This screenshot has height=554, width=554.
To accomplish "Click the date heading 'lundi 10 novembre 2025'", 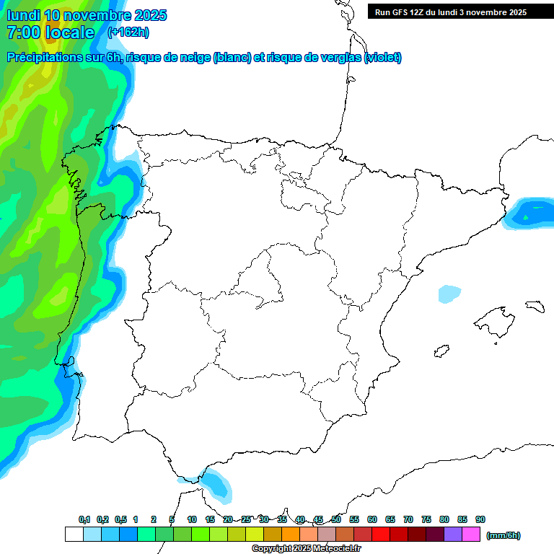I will click(87, 15).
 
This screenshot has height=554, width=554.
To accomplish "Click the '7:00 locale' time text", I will click(50, 32).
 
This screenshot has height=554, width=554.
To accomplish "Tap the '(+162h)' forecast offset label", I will click(128, 32).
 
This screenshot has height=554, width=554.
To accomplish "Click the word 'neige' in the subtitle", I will click(193, 58).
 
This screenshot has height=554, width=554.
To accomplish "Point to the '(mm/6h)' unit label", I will click(504, 535).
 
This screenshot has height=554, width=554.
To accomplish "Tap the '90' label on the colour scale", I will click(480, 519).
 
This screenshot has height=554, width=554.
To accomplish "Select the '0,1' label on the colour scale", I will click(84, 519).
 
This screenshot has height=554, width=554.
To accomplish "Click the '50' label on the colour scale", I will click(336, 519).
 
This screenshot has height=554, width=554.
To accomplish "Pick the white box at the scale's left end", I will click(74, 535).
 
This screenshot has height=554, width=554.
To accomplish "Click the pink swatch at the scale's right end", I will click(471, 535).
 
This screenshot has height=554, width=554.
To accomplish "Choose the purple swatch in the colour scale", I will click(453, 535).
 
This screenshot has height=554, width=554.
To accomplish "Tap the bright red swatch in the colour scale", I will click(381, 535).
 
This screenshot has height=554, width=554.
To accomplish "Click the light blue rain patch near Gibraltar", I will click(216, 484).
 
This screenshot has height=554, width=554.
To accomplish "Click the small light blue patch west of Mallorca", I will click(449, 294).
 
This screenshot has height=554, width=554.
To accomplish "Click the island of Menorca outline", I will click(535, 306).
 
